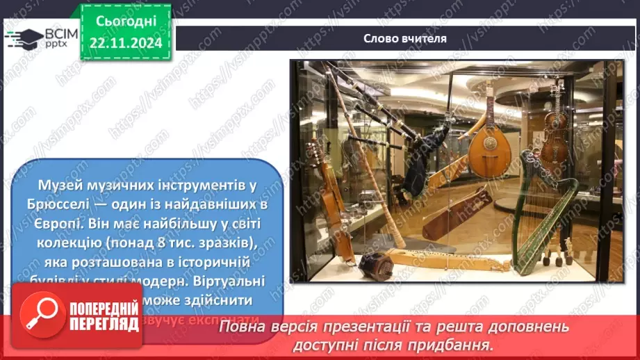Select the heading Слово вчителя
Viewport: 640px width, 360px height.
(x=404, y=38)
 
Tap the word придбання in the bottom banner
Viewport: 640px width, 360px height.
(x=462, y=344)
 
